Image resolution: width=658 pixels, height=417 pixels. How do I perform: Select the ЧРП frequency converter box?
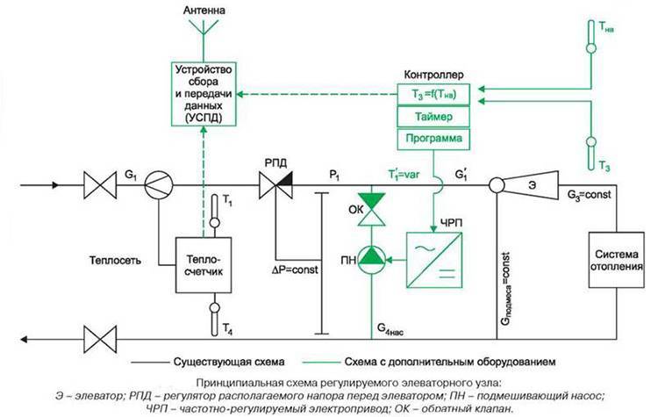431,258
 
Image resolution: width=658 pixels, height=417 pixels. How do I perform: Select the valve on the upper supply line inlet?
97,186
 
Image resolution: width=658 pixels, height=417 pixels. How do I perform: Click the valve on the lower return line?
97,334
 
